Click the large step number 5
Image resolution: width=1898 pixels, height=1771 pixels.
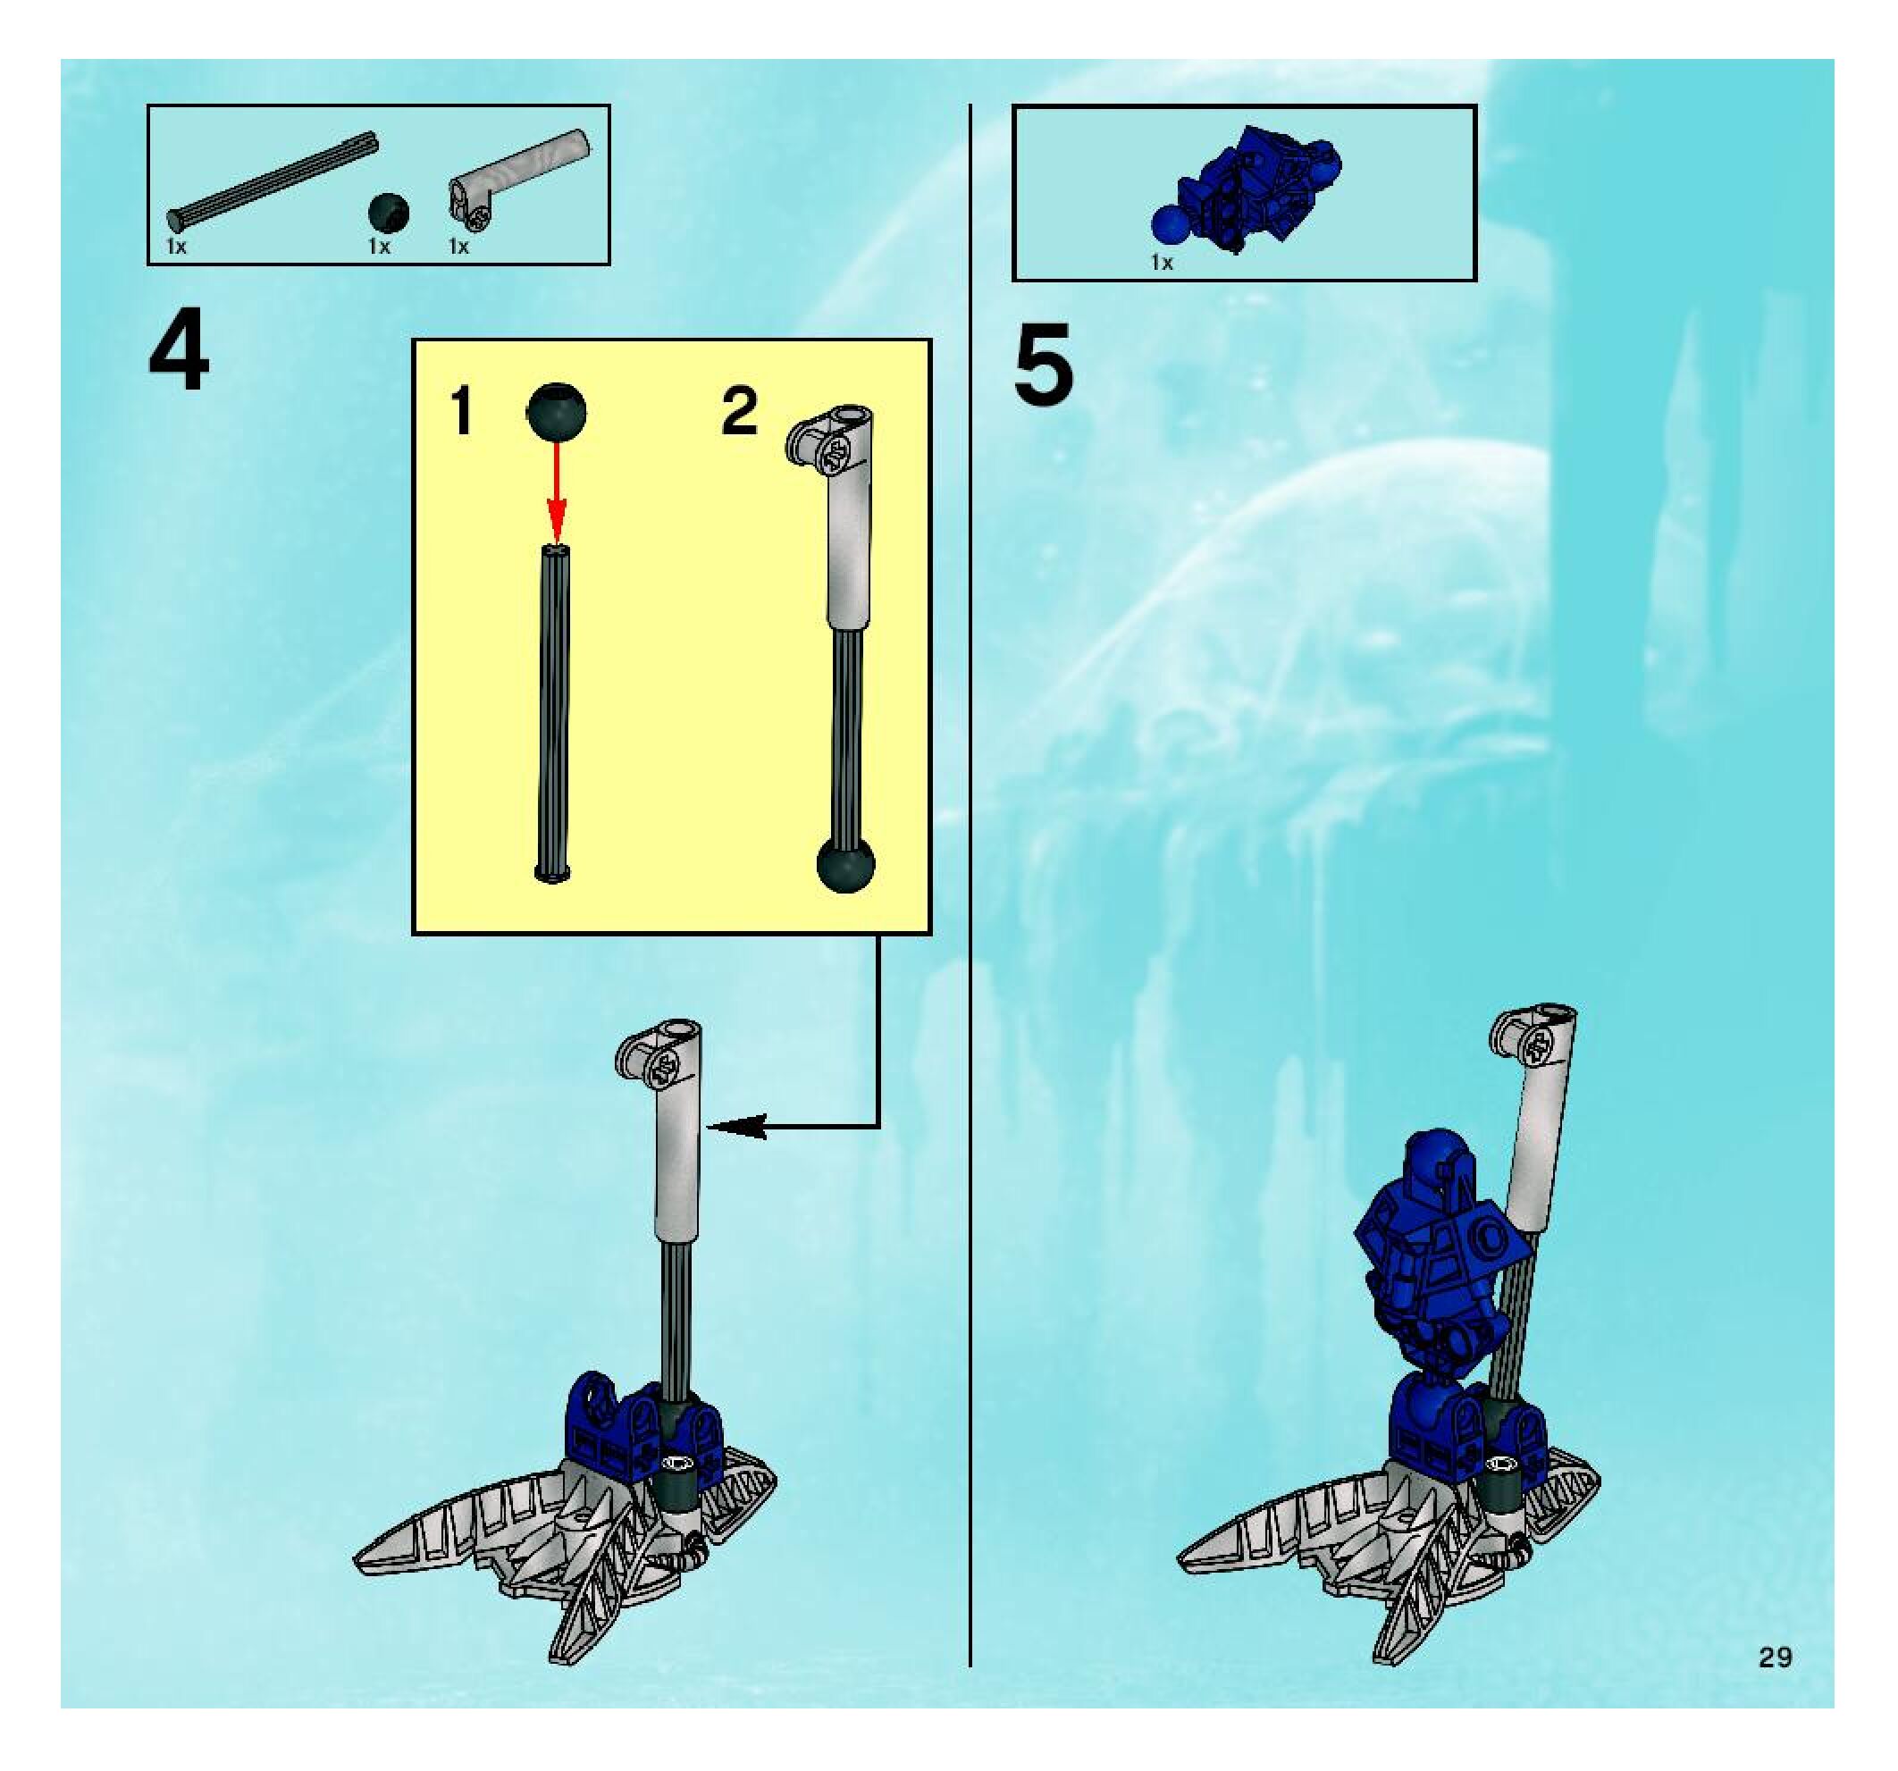click(x=1044, y=365)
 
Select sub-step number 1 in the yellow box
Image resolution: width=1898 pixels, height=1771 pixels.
click(x=462, y=412)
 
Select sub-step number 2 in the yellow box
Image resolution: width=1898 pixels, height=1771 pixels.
click(x=739, y=413)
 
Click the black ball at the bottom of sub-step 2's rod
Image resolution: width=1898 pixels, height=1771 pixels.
click(x=846, y=865)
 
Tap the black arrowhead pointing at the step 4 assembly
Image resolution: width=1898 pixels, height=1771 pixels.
click(x=737, y=1128)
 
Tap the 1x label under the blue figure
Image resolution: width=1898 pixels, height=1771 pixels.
click(x=1162, y=263)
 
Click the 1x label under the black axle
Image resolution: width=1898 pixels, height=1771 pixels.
click(x=176, y=247)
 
